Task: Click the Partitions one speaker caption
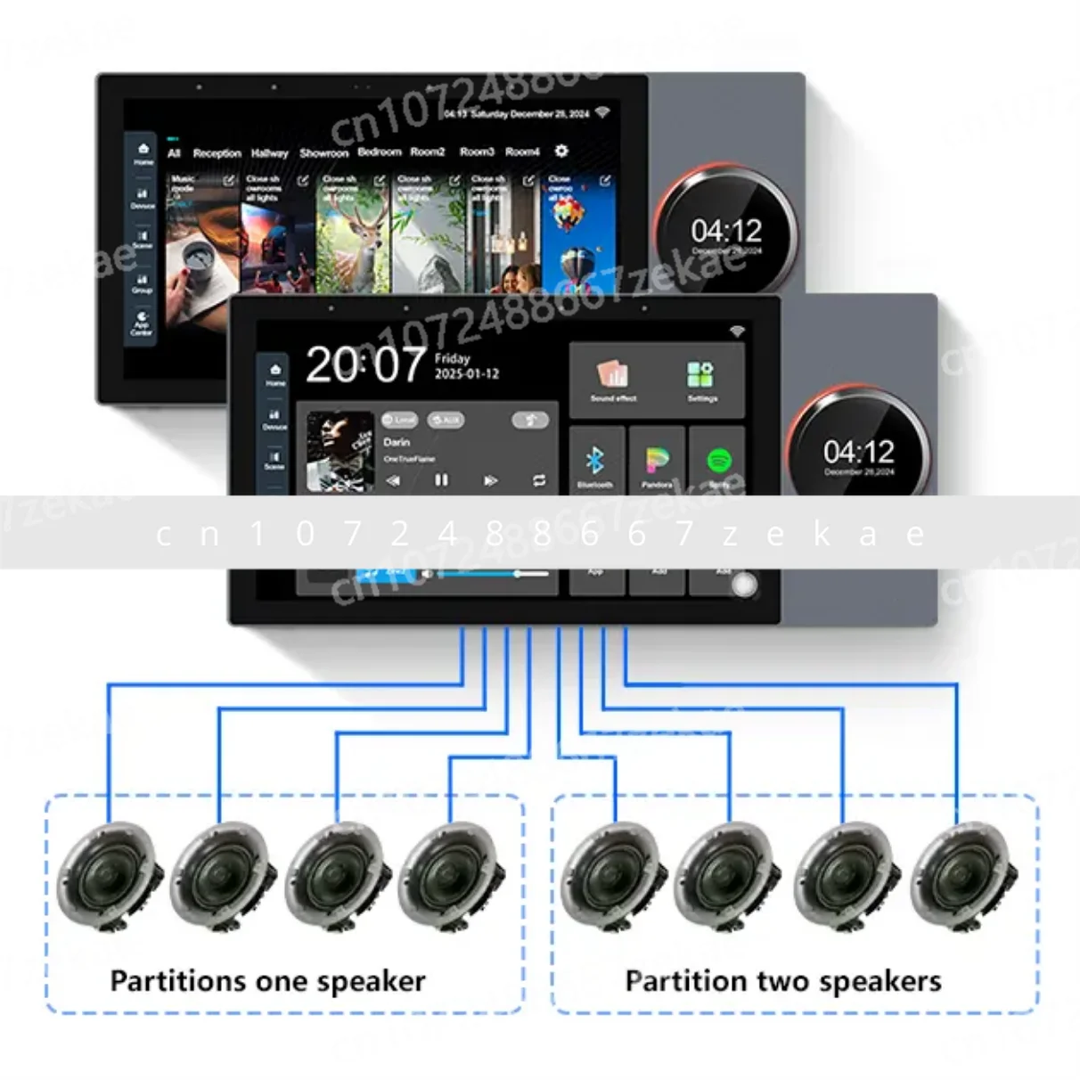(x=267, y=981)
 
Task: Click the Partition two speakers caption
(x=782, y=981)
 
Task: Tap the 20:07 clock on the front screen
(x=365, y=364)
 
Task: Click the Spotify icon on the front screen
(x=719, y=462)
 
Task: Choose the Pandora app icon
(x=658, y=462)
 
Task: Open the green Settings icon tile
(x=701, y=375)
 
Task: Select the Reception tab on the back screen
(x=217, y=153)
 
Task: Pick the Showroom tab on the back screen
(x=323, y=153)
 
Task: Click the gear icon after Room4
(x=561, y=151)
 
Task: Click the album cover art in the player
(x=340, y=451)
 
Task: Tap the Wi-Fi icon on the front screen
(x=737, y=331)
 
